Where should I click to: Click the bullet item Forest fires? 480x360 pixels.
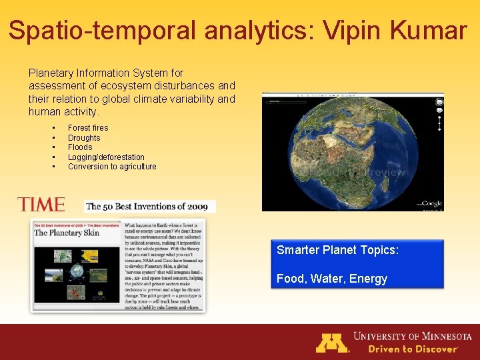88,128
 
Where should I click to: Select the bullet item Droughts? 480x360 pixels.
84,138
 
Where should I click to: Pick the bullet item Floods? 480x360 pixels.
80,147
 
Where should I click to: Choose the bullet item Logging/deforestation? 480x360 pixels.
106,157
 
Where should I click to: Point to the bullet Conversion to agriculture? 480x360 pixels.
112,167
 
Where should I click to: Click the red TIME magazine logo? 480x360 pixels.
41,205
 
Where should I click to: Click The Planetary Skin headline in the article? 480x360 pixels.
67,233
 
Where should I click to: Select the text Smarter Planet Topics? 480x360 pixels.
337,250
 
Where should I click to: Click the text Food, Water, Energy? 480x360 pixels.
331,279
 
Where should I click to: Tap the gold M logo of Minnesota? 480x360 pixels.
331,343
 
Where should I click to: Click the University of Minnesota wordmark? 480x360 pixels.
412,337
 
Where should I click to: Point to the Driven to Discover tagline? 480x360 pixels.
404,349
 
